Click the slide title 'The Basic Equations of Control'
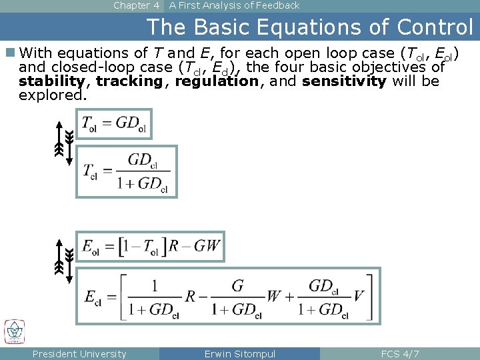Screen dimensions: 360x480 pos(309,27)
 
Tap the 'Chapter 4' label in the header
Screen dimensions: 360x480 pos(136,5)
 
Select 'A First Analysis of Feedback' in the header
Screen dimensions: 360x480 pos(234,5)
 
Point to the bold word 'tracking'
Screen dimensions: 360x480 pos(129,81)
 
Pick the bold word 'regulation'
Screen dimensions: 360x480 pos(216,81)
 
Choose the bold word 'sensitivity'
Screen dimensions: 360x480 pos(344,81)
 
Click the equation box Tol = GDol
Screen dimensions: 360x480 pos(114,124)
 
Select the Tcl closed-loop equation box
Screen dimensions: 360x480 pos(126,171)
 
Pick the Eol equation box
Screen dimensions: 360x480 pos(151,247)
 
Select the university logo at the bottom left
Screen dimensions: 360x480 pos(15,331)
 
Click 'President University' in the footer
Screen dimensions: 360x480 pos(79,354)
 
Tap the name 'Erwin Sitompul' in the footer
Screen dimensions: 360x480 pos(239,354)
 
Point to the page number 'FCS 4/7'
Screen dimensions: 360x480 pos(399,354)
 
